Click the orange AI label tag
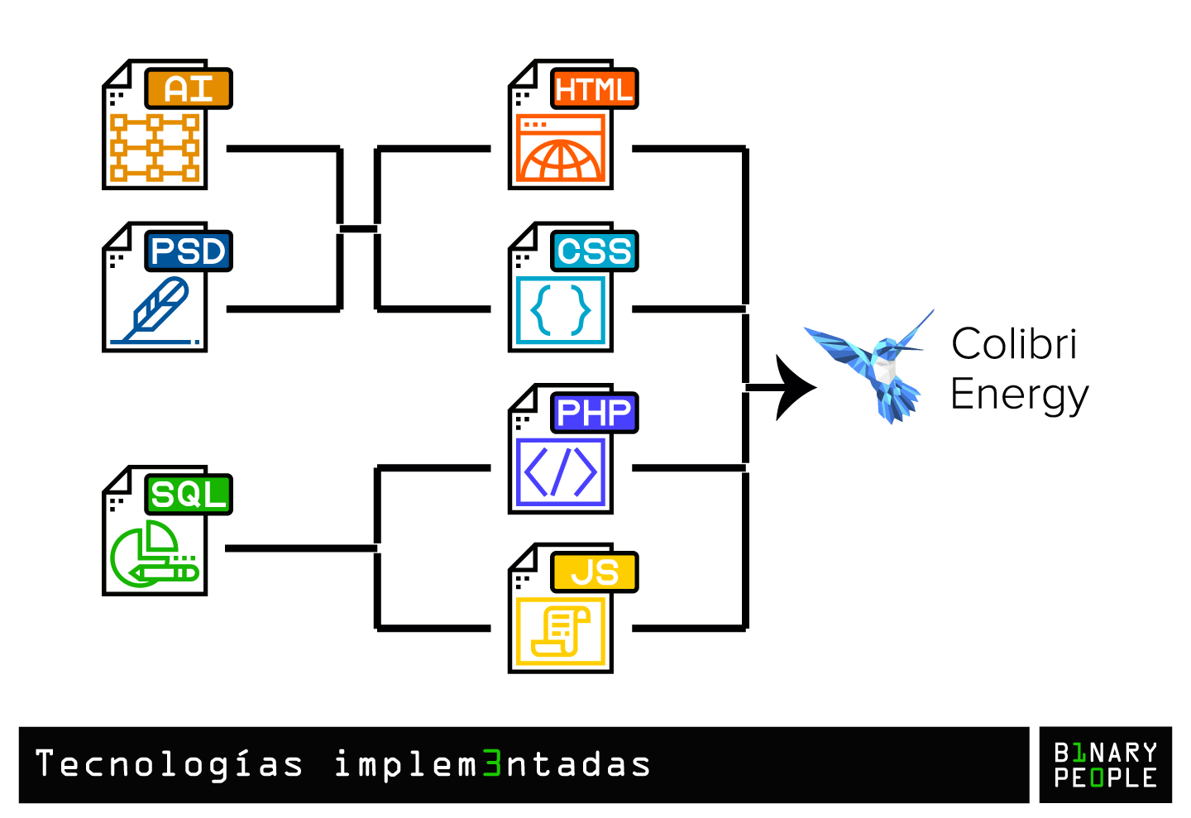[189, 89]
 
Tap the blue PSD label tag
[189, 251]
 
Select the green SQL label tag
[189, 495]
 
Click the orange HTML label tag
[594, 89]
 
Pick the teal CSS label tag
[594, 251]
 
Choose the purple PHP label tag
[594, 413]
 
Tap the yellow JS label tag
[594, 572]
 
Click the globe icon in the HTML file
[561, 159]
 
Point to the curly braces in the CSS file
[561, 310]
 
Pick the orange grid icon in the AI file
[155, 148]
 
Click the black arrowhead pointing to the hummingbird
[794, 387]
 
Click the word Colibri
[1014, 344]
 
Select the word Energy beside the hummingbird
[1019, 395]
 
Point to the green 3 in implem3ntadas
[492, 764]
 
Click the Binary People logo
[1105, 765]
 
